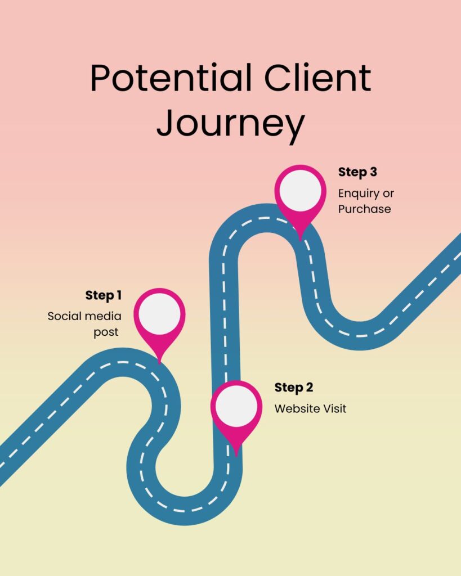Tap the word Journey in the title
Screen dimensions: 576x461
(230, 124)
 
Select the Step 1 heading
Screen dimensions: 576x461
(104, 295)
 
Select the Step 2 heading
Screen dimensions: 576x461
(294, 388)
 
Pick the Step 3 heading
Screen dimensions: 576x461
(357, 172)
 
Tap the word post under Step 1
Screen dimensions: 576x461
(106, 332)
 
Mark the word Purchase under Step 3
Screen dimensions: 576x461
(364, 209)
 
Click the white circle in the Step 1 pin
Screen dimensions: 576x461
(160, 313)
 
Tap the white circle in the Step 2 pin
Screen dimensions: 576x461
(236, 405)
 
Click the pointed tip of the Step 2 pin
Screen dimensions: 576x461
(236, 453)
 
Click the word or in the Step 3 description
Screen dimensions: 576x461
(388, 194)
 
